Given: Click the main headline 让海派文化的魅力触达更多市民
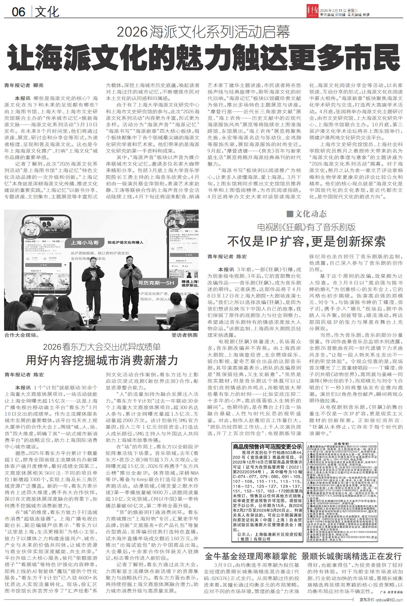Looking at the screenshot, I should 203,58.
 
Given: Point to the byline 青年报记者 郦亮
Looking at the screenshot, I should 24,85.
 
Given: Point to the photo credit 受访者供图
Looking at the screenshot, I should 185,335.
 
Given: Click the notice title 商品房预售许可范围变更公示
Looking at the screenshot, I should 268,446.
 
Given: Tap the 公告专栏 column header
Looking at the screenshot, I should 320,443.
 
